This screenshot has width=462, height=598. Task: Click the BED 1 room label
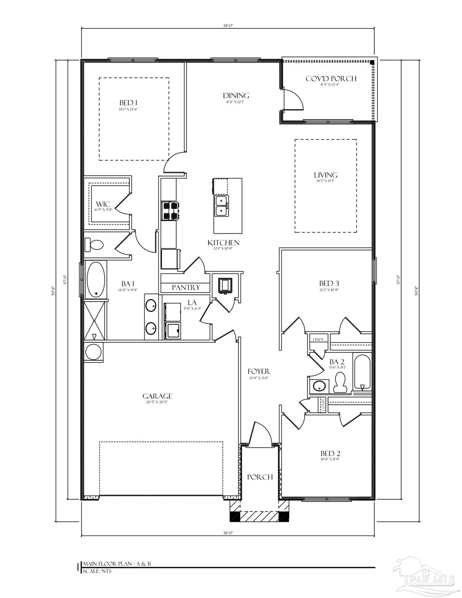pos(129,103)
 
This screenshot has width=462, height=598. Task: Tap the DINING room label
pos(236,96)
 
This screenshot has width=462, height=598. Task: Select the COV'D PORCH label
pos(331,79)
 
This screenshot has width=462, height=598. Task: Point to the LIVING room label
pos(326,175)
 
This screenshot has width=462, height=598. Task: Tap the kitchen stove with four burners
pos(170,211)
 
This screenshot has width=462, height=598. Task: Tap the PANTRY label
pos(186,288)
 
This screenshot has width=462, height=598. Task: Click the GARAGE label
pos(157,396)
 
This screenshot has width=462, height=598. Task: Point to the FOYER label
pos(259,372)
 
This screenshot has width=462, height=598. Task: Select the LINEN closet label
pos(318,339)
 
